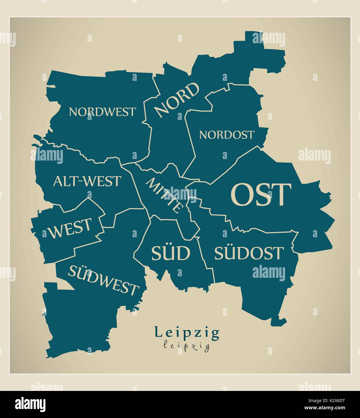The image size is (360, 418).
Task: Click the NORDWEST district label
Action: click(102, 112)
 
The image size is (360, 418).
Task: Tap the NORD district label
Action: click(177, 100)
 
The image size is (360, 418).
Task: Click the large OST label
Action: click(261, 195)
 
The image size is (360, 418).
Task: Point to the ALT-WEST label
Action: click(87, 181)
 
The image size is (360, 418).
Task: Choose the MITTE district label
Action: click(165, 195)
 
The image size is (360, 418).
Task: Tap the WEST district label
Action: click(70, 229)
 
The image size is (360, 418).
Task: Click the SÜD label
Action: click(171, 253)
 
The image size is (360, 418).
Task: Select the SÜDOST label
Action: click(248, 253)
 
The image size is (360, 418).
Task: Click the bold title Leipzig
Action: click(187, 333)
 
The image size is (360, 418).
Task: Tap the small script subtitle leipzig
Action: click(187, 346)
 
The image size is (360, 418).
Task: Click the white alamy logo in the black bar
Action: click(30, 404)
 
